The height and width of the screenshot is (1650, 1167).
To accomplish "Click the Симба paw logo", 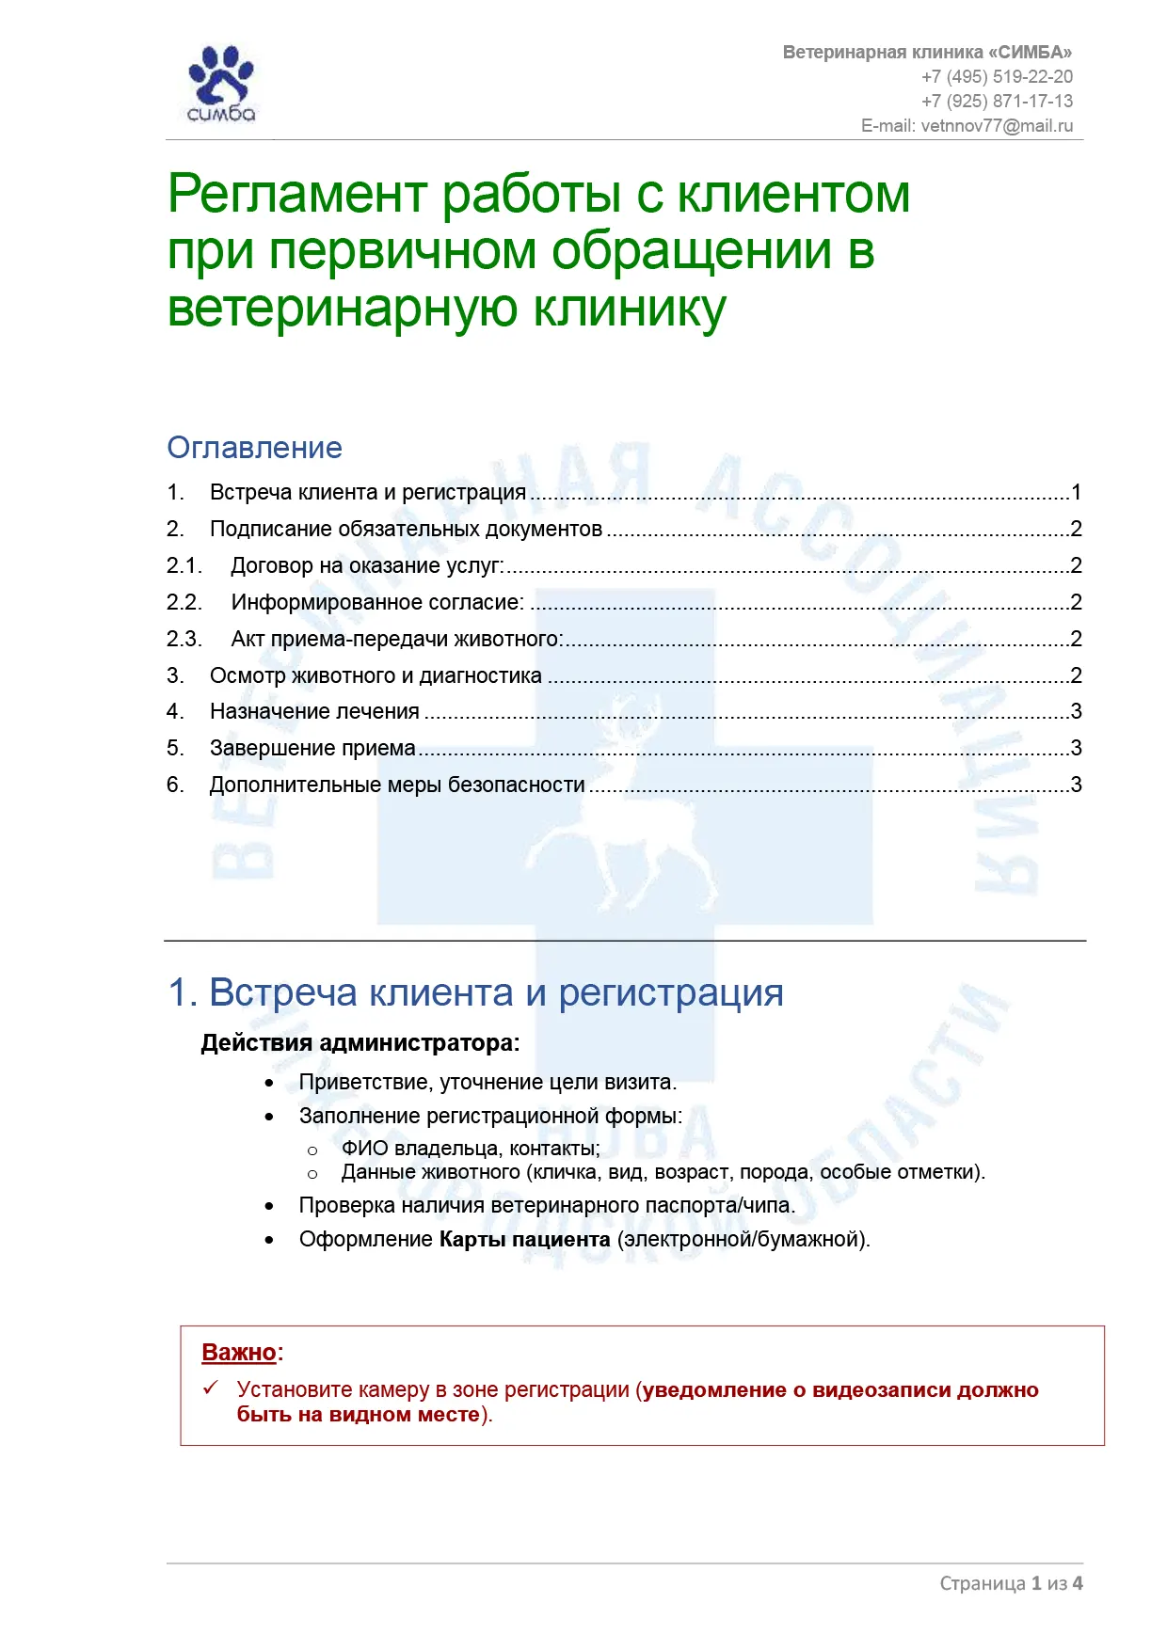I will (x=221, y=84).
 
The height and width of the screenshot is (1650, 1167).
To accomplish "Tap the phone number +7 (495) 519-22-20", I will (x=997, y=77).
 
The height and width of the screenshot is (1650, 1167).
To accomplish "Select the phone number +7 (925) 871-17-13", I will (x=997, y=102).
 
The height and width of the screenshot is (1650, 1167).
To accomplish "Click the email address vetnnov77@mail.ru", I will (x=997, y=126).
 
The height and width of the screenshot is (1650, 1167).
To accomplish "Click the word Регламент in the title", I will (x=297, y=195).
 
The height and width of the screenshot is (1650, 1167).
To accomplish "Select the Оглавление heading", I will (x=254, y=448).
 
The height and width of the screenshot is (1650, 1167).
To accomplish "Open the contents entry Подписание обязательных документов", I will (x=406, y=530).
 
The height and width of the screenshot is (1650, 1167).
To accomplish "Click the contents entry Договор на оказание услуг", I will (x=367, y=566).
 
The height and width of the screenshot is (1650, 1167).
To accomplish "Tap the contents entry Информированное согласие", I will (x=377, y=603).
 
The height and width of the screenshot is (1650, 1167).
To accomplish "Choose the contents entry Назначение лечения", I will (x=314, y=712).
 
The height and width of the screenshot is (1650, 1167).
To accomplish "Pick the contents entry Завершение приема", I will (x=312, y=749).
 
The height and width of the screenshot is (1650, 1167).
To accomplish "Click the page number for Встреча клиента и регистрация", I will (x=1077, y=493).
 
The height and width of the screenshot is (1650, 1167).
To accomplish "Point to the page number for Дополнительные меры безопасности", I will (x=1077, y=785).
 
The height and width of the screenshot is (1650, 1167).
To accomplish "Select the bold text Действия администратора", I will (x=360, y=1043).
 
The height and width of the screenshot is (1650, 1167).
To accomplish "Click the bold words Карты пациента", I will (x=524, y=1240).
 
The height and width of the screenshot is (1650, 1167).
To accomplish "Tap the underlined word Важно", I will (x=239, y=1353).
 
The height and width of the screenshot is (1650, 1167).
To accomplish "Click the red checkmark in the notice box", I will (x=212, y=1388).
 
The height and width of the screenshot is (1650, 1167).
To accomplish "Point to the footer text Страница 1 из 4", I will (x=1011, y=1583).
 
